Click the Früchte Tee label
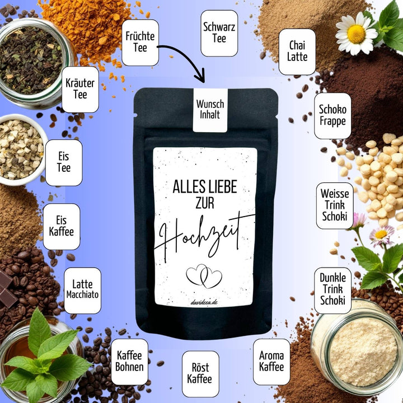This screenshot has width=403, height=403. click(140, 43)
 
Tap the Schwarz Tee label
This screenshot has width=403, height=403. click(219, 33)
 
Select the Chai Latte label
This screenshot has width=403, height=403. click(297, 51)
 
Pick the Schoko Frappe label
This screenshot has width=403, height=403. click(332, 116)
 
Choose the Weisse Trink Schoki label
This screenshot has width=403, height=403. click(335, 205)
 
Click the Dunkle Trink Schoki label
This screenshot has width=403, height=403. click(333, 290)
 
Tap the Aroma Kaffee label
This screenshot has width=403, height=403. click(271, 362)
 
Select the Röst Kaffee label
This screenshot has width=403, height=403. click(200, 374)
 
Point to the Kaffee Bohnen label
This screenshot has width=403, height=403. click(129, 362)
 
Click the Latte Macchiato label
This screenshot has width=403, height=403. click(82, 290)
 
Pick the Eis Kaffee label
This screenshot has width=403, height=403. click(62, 227)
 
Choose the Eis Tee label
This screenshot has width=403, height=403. click(64, 163)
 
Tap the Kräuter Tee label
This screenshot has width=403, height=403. click(80, 90)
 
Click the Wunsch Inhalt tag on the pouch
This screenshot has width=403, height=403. click(210, 110)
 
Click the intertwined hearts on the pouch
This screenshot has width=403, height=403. click(204, 277)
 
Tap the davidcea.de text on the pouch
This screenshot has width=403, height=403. click(204, 302)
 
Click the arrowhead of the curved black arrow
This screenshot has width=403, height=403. click(200, 76)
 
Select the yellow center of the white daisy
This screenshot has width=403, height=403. click(356, 34)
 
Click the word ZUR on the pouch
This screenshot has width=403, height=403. click(205, 203)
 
